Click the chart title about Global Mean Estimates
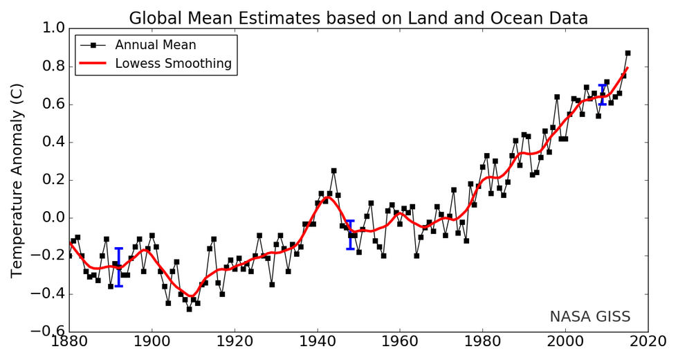[x=358, y=18]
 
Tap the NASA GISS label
[x=590, y=317]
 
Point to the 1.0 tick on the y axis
[x=51, y=28]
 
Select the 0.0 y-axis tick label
[x=51, y=218]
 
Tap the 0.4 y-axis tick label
[x=51, y=142]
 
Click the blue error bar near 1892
[x=119, y=267]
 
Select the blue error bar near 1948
[x=350, y=235]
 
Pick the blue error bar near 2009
[x=603, y=95]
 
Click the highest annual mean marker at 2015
[x=627, y=53]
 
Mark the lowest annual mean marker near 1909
[x=189, y=309]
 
